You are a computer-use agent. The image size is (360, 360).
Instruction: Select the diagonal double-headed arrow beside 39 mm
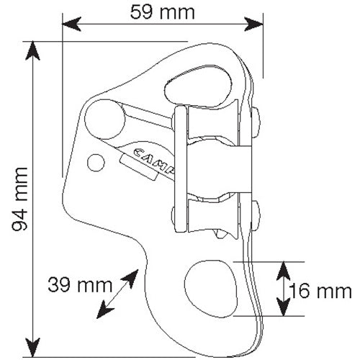pyautogui.click(x=117, y=294)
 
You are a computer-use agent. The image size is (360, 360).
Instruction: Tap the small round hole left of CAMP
pyautogui.click(x=96, y=163)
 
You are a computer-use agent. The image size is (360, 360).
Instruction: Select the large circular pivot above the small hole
pyautogui.click(x=103, y=118)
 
